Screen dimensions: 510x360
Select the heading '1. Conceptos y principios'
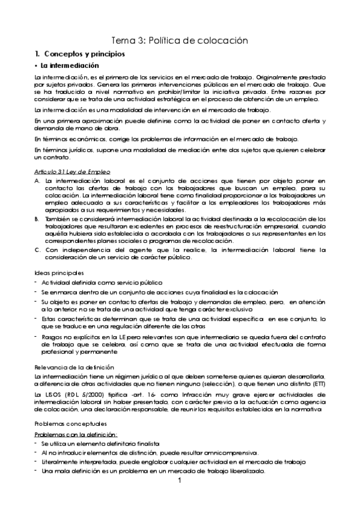point(81,54)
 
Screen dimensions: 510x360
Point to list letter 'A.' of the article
point(38,180)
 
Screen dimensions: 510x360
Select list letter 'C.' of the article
point(38,249)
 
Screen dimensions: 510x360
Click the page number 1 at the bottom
point(180,483)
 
